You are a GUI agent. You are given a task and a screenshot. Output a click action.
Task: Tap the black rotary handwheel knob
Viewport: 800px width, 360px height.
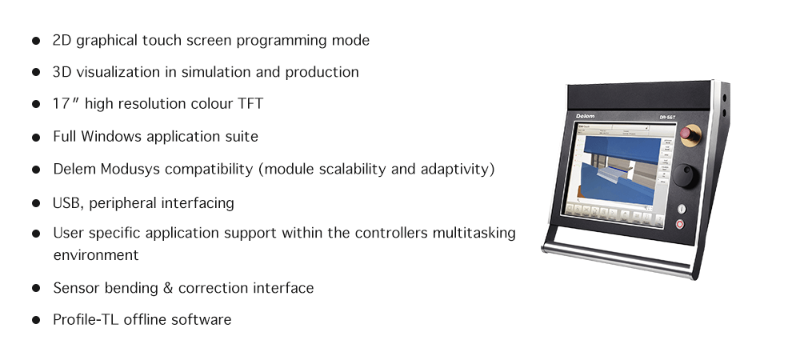pos(685,176)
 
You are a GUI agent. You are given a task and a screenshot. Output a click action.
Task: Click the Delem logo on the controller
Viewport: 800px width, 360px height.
pos(586,117)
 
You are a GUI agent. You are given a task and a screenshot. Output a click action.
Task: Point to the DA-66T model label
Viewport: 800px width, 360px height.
pos(667,117)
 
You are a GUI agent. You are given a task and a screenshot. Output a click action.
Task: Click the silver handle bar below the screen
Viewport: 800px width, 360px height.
pos(618,259)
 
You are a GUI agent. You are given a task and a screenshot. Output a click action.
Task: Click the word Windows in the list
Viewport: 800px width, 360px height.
pos(111,136)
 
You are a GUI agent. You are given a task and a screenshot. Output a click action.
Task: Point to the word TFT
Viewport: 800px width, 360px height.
pos(250,103)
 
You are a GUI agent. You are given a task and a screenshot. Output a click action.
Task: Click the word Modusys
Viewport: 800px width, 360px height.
pos(130,169)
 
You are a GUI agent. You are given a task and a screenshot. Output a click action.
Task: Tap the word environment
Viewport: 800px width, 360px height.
pos(96,255)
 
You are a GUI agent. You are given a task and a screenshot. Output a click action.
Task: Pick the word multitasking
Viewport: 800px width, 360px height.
pos(474,233)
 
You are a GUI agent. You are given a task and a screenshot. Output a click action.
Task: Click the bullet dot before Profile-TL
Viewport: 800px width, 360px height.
pos(36,320)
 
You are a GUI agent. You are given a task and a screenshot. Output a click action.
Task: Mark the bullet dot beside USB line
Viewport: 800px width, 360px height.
pos(36,203)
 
